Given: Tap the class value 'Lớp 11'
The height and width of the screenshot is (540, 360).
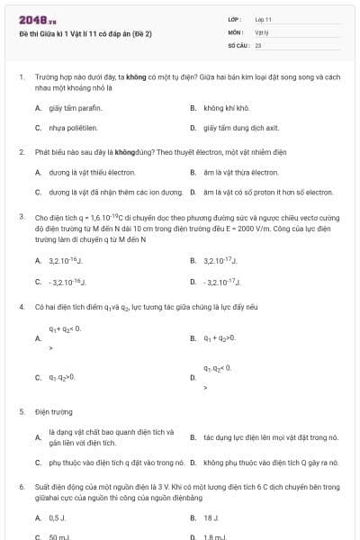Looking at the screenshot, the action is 263,19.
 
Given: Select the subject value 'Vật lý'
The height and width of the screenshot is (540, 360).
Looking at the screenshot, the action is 262,31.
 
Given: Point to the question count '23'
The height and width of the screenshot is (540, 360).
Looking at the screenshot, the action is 258,44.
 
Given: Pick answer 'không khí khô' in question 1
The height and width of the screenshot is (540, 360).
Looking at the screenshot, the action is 224,108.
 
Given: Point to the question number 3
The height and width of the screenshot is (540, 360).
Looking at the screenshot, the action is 21,217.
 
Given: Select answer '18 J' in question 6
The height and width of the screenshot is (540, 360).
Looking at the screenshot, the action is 211,518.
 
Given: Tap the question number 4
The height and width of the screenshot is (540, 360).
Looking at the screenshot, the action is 21,306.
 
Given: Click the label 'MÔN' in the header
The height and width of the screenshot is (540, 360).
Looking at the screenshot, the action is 235,31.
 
